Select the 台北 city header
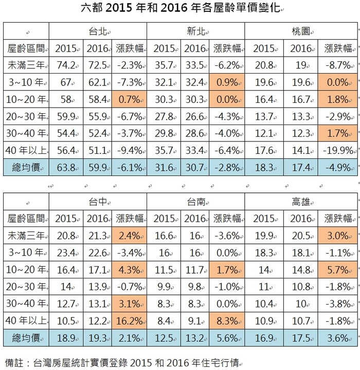98,31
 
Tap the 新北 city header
196,31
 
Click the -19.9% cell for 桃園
338,150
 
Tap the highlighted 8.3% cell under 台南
227,321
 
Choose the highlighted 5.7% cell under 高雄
338,270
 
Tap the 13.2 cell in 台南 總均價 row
195,338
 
